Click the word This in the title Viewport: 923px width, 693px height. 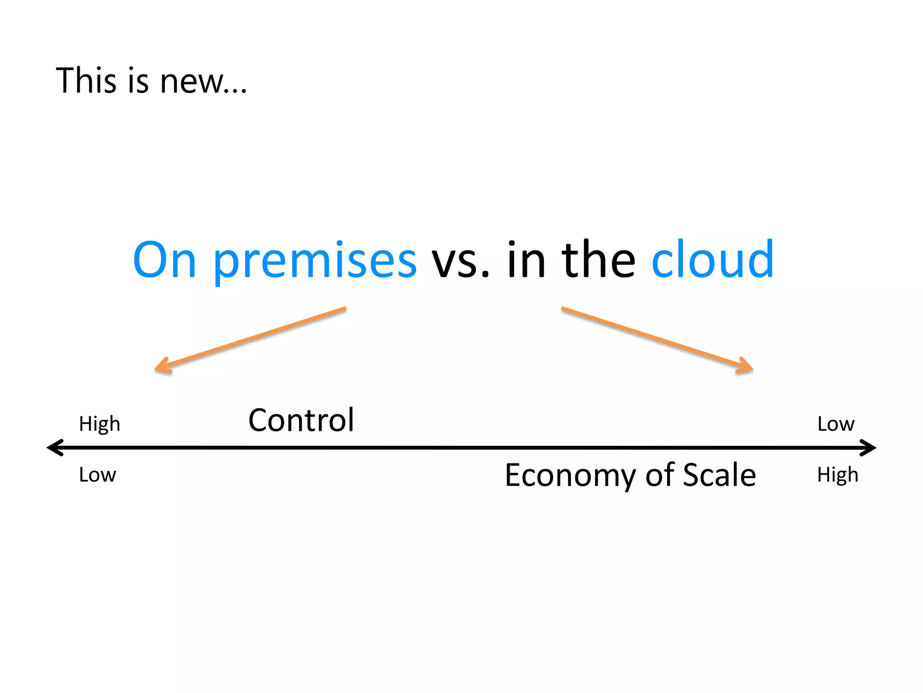(86, 81)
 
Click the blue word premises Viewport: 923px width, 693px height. (315, 262)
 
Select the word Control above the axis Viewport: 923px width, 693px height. (301, 420)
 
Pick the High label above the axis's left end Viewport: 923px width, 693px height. (100, 424)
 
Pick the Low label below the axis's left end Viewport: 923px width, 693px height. (97, 475)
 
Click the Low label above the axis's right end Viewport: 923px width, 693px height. (836, 424)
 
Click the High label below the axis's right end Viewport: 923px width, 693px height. (837, 475)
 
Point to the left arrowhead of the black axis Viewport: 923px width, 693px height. (54, 448)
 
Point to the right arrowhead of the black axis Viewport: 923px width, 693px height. (869, 448)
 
